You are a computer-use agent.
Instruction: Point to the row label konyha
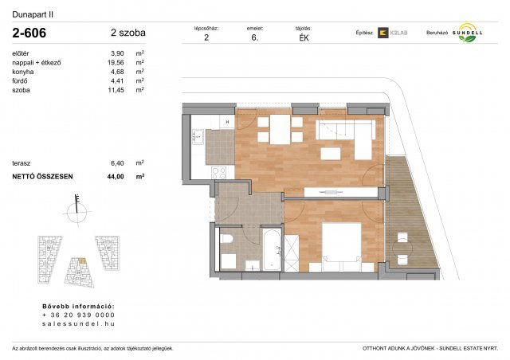click(23, 71)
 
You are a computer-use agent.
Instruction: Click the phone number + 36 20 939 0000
click(77, 315)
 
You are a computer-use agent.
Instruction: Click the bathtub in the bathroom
click(271, 248)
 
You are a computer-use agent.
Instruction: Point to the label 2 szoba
click(127, 33)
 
